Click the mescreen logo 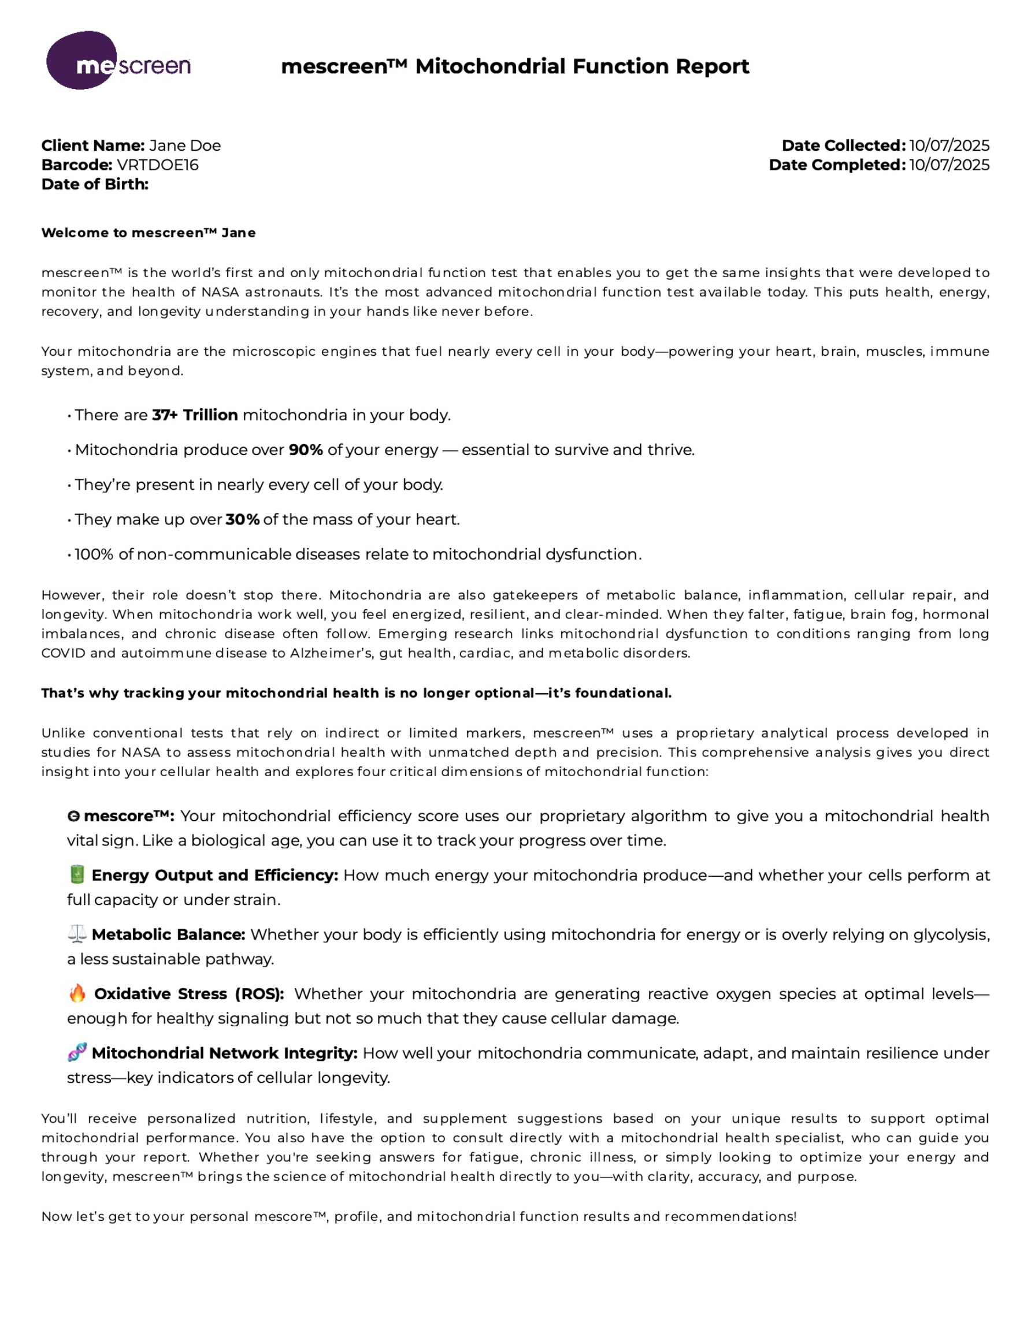tap(118, 61)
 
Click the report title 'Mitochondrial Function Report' tap(581, 66)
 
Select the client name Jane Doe tap(184, 146)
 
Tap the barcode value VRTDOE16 tap(157, 165)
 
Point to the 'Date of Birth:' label tap(95, 184)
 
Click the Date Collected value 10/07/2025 tap(949, 146)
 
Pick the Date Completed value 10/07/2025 tap(949, 165)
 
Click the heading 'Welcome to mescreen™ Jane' tap(149, 233)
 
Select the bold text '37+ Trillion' tap(195, 415)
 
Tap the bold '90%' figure tap(306, 450)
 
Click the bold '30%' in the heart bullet tap(243, 520)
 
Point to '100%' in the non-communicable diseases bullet tap(94, 554)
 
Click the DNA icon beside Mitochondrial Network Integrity tap(77, 1052)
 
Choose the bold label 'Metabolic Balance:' tap(169, 935)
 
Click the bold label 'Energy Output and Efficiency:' tap(214, 876)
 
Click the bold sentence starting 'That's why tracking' tap(356, 693)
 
